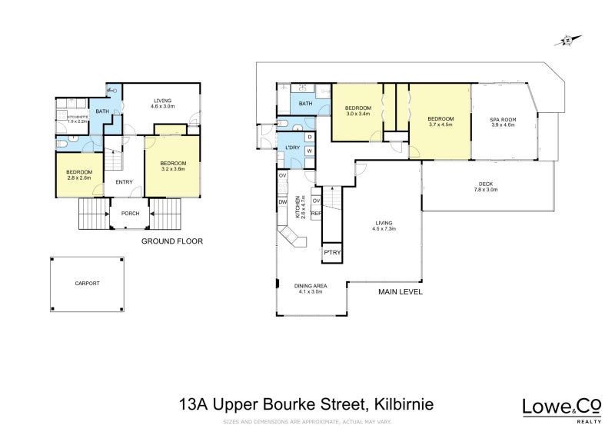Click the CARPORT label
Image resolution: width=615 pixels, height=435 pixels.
pos(87,283)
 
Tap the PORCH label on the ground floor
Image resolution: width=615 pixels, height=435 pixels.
pos(129,214)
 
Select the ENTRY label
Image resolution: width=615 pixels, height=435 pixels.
pos(124,182)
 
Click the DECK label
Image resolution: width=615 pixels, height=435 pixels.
pos(485,184)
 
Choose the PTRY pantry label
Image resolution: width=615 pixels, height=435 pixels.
pos(333,253)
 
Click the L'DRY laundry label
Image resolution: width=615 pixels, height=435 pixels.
pos(291,147)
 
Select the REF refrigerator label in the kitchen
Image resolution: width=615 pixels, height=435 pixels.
pos(315,214)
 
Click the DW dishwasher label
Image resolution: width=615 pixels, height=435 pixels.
pos(283,202)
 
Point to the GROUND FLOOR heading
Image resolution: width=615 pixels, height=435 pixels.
pos(171,241)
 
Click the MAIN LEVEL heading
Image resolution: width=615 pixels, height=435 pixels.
pos(401,293)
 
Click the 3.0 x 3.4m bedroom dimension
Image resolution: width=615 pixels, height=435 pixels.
pos(358,114)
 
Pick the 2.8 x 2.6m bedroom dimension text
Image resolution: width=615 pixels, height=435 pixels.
pos(79,178)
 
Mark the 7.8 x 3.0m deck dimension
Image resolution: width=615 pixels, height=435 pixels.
pos(485,189)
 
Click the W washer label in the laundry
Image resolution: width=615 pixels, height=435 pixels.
pos(308,151)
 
